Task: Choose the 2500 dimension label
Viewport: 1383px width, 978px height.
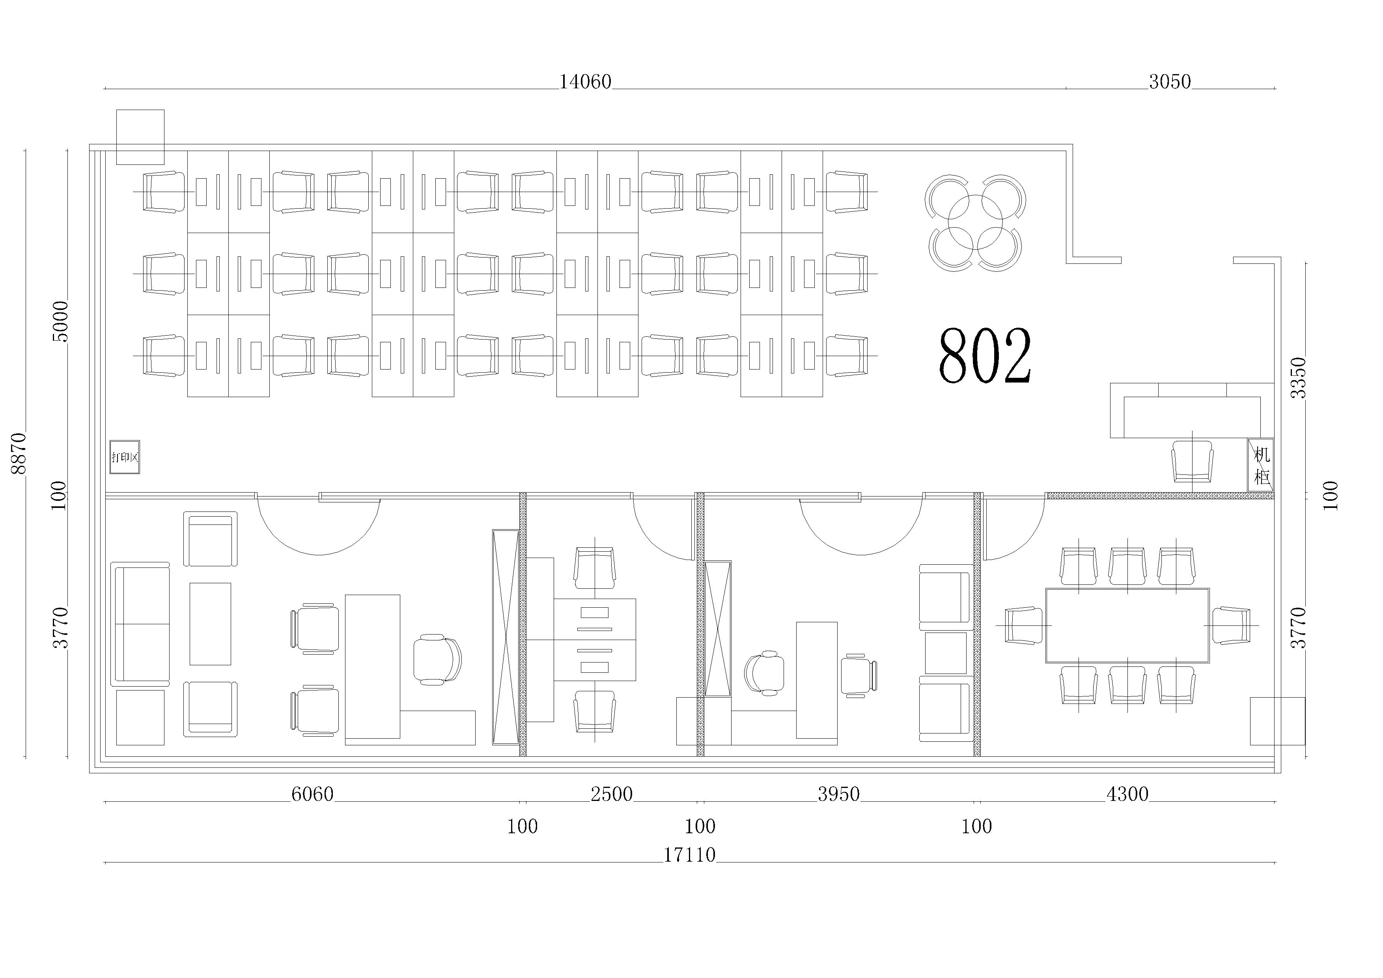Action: tap(611, 794)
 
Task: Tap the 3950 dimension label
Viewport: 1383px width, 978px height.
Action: tap(838, 794)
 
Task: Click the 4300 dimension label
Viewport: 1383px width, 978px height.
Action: tap(1127, 794)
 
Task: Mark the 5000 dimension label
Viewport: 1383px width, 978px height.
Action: tap(61, 321)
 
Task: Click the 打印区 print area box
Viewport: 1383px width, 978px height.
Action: tap(125, 457)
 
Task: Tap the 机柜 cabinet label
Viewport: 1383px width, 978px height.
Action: tap(1261, 465)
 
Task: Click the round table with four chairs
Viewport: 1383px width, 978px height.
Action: tap(975, 223)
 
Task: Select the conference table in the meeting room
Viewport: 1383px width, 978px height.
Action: tap(1127, 626)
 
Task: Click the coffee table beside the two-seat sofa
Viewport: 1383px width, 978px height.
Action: tap(210, 624)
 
